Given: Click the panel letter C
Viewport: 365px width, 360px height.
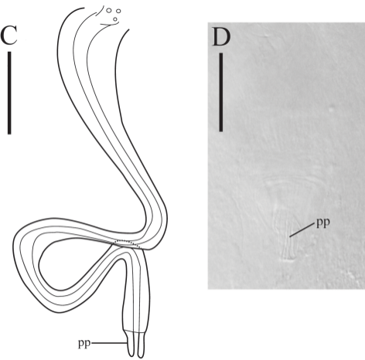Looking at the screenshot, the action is pyautogui.click(x=9, y=35).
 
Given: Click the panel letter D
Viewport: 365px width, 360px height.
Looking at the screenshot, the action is pyautogui.click(x=221, y=37).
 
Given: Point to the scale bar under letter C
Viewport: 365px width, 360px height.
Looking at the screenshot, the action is pyautogui.click(x=9, y=93).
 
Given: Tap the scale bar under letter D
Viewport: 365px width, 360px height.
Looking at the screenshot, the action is pyautogui.click(x=221, y=93).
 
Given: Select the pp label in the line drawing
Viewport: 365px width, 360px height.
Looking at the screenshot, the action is pyautogui.click(x=84, y=344).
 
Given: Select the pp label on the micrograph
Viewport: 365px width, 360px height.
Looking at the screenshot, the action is pyautogui.click(x=323, y=222).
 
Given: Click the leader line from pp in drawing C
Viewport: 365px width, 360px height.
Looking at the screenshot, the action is pyautogui.click(x=109, y=343).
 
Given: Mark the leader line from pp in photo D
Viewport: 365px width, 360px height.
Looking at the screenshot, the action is pyautogui.click(x=302, y=230).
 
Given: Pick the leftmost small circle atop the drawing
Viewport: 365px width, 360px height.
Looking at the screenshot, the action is pyautogui.click(x=109, y=10).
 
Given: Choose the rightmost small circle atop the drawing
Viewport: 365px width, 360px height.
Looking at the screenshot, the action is pyautogui.click(x=118, y=11).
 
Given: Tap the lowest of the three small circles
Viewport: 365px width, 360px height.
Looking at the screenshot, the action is pyautogui.click(x=115, y=19).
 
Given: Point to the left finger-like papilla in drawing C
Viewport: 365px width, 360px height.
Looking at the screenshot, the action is pyautogui.click(x=131, y=345).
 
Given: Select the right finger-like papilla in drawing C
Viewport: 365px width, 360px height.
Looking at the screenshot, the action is pyautogui.click(x=141, y=345).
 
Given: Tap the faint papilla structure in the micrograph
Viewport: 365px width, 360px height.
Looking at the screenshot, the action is pyautogui.click(x=288, y=237).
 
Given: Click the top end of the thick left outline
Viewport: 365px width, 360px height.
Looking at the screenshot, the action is pyautogui.click(x=84, y=8).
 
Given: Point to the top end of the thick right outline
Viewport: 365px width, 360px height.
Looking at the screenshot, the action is pyautogui.click(x=128, y=30).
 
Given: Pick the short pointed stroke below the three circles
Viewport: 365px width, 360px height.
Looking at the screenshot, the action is pyautogui.click(x=110, y=24).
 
